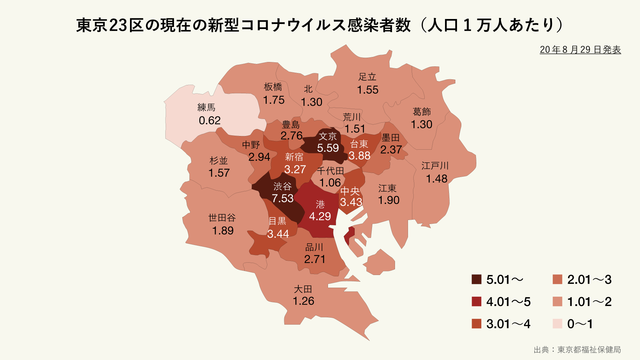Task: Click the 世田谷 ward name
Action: coord(222,217)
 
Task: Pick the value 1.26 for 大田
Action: coord(304,301)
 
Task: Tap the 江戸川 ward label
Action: coord(435,164)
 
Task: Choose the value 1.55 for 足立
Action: coord(367,90)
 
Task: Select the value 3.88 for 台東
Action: coord(360,156)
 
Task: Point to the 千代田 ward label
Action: coord(331,171)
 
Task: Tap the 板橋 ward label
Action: coord(275,87)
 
